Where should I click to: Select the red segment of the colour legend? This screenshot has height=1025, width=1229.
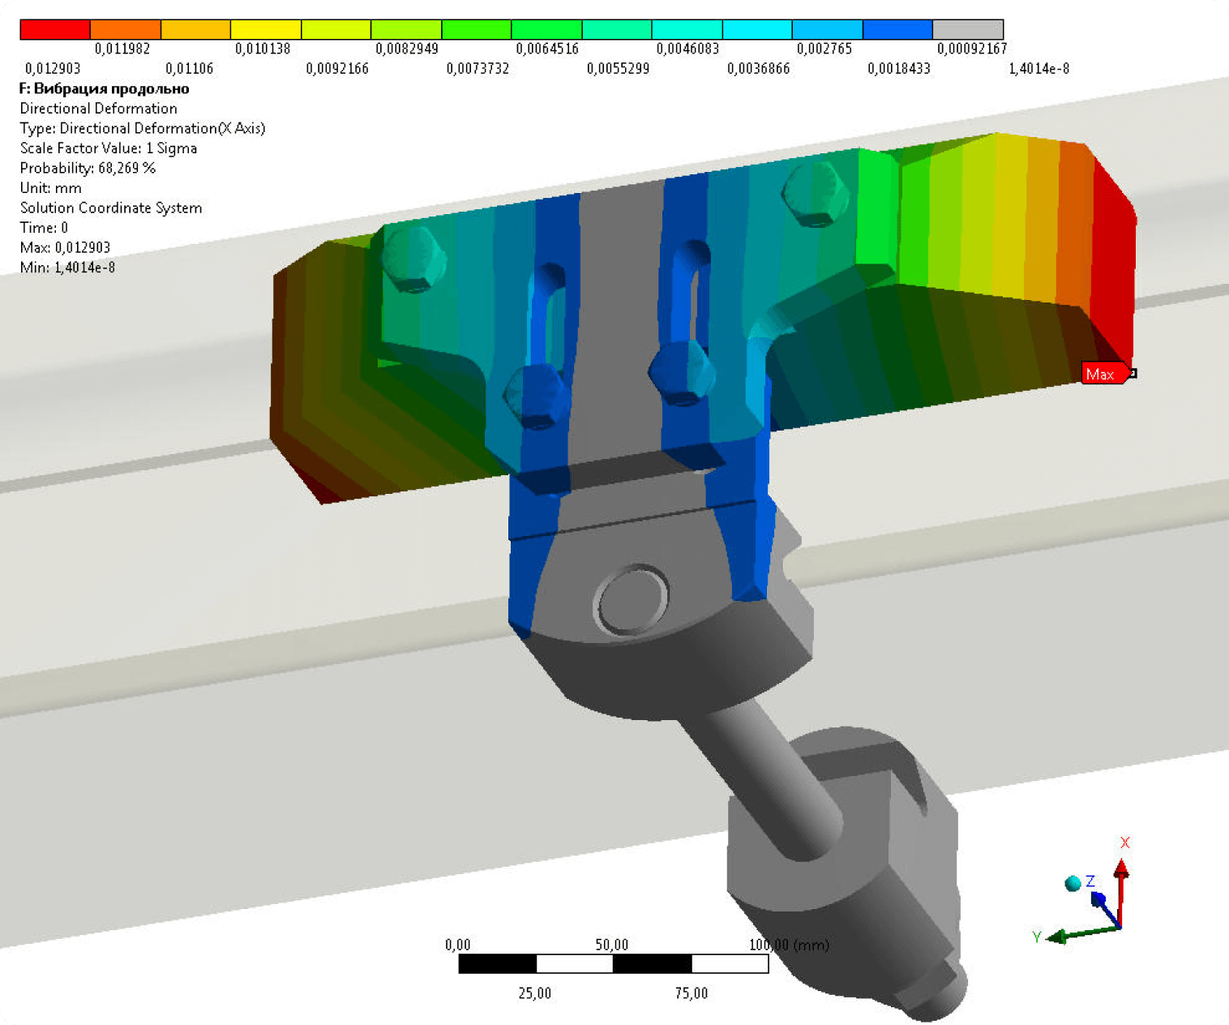[55, 29]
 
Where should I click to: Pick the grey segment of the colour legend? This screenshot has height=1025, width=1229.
[968, 29]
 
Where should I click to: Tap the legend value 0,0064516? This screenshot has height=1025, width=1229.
[547, 49]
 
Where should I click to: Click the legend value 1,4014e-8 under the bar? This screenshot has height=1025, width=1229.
[1038, 69]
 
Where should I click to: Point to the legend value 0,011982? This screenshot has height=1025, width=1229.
[122, 49]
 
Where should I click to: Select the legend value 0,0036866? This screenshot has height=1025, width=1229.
[758, 69]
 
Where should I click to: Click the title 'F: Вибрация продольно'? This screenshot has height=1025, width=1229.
[105, 89]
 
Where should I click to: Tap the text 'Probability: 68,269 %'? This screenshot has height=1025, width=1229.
[88, 169]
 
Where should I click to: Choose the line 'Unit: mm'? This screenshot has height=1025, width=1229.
[50, 188]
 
